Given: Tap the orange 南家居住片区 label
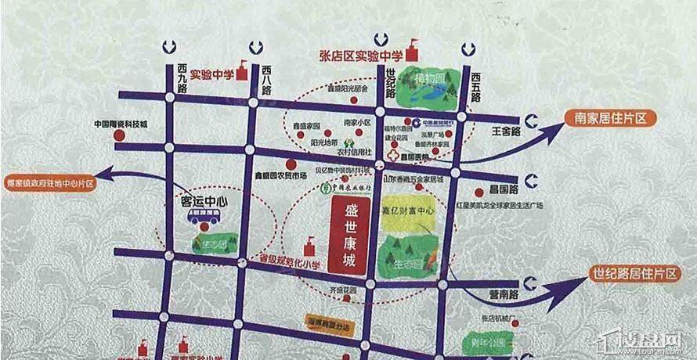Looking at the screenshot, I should click(610, 118).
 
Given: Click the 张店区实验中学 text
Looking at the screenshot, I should click(360, 55).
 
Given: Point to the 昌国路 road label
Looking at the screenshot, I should click(504, 189).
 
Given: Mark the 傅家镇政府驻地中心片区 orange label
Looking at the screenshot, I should click(49, 182).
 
